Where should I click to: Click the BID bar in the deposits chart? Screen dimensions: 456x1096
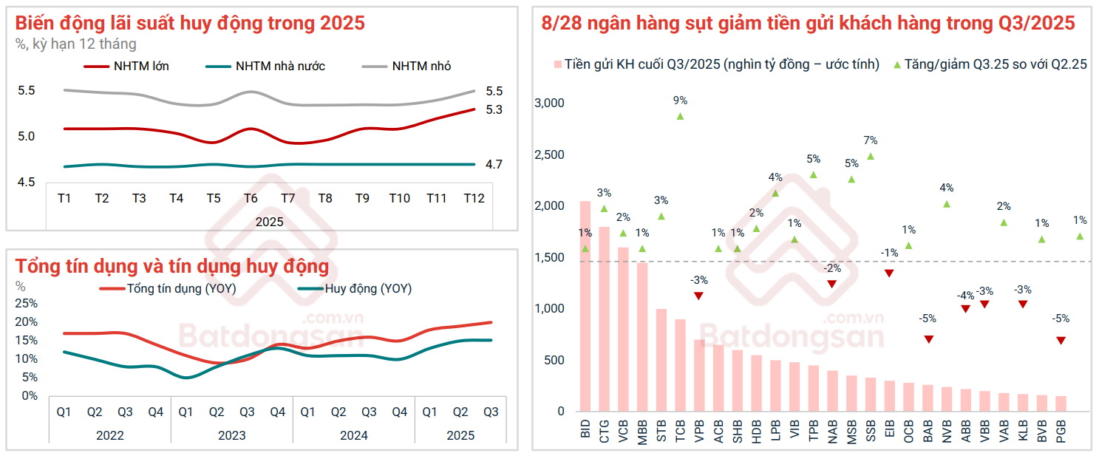(x=585, y=305)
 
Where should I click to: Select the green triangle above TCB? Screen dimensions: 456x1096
(x=680, y=116)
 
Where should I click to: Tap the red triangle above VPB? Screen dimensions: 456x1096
(x=698, y=296)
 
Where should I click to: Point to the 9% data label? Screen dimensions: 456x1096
(x=680, y=101)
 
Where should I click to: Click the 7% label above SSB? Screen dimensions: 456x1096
(x=870, y=140)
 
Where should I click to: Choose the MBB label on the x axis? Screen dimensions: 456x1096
(x=642, y=430)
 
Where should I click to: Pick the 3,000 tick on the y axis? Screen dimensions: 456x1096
(x=549, y=103)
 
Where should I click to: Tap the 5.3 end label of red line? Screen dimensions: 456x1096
(x=494, y=109)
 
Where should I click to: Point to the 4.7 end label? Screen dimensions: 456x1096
(x=494, y=164)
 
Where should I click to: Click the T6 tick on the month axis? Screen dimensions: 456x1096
(x=251, y=198)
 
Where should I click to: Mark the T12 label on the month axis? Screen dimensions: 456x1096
(x=474, y=198)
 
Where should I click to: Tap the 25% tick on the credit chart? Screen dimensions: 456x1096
(x=27, y=303)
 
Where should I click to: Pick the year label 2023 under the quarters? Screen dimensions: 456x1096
(x=231, y=435)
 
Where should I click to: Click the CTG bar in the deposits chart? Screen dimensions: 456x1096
(x=605, y=318)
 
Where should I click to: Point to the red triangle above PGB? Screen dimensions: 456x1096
(x=1061, y=340)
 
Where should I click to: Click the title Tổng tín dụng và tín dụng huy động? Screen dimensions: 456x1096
(x=172, y=266)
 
